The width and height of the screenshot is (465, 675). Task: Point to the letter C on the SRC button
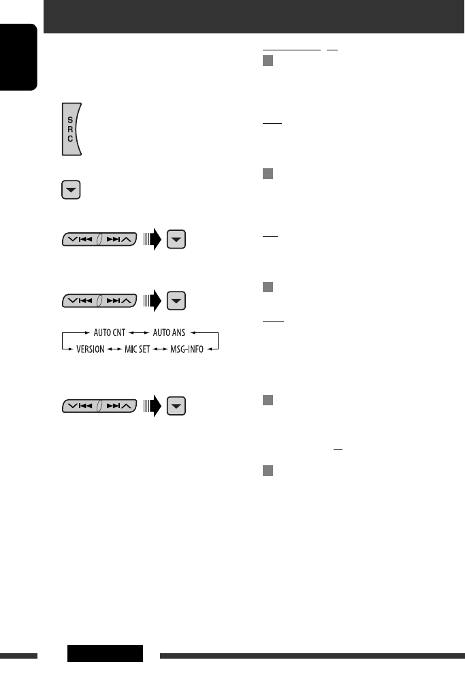click(x=69, y=138)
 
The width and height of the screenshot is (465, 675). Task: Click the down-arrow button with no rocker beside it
click(x=71, y=191)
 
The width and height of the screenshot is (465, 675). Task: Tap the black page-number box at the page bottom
click(x=106, y=653)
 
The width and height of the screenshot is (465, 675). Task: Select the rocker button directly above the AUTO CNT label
click(x=99, y=300)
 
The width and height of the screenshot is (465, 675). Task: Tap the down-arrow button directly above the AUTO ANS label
click(x=176, y=300)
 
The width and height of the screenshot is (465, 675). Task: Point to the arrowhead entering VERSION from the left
click(x=67, y=349)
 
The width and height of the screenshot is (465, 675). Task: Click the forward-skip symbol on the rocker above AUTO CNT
click(x=115, y=300)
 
